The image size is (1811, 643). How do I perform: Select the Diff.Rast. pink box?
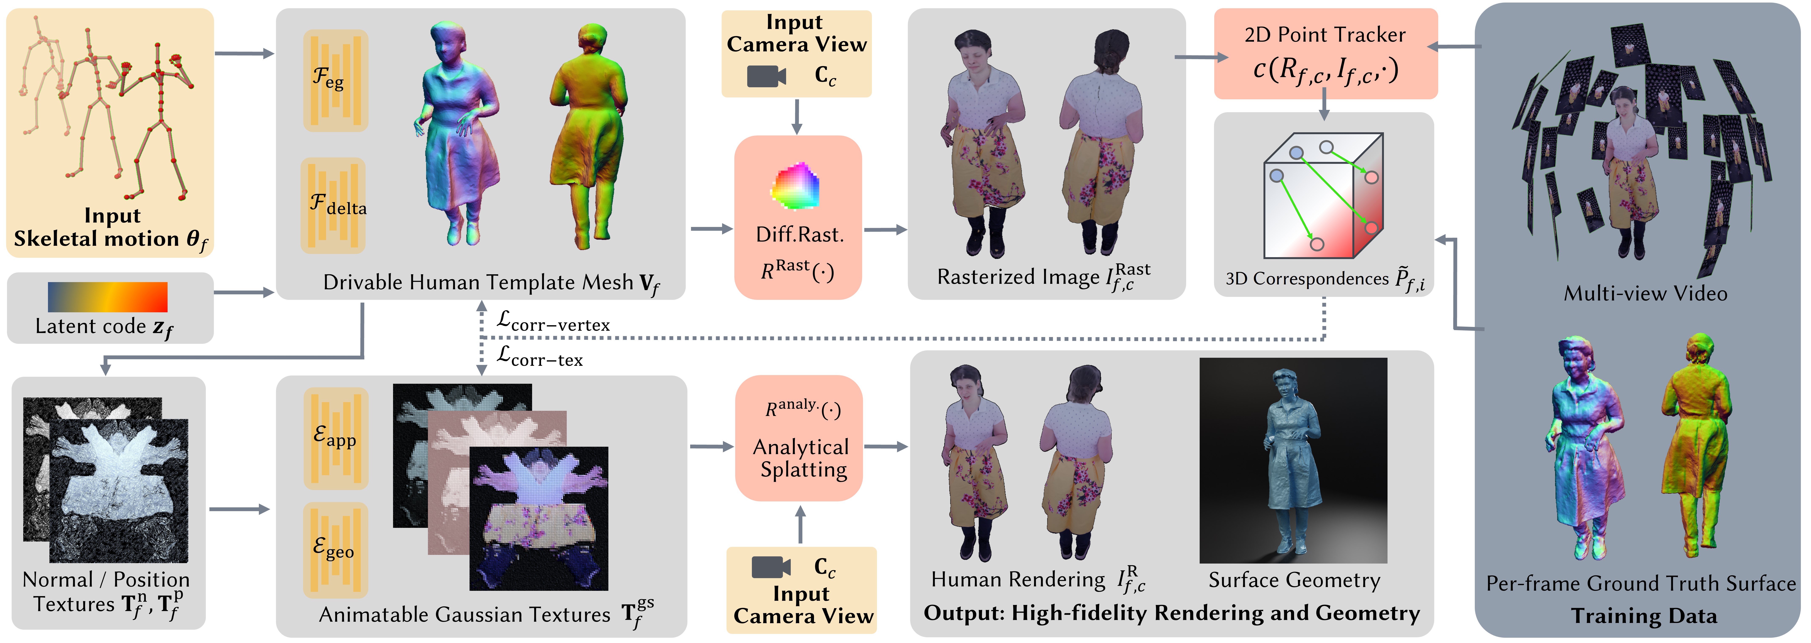click(x=798, y=218)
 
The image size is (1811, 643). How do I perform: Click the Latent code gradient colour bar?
click(x=108, y=296)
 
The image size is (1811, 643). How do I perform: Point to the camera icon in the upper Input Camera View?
click(x=766, y=76)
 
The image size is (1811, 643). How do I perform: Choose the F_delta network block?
click(x=333, y=205)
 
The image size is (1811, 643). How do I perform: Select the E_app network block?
click(x=335, y=438)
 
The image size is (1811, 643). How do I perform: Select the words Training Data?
click(x=1644, y=616)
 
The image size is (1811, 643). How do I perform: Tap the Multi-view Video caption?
click(x=1645, y=293)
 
